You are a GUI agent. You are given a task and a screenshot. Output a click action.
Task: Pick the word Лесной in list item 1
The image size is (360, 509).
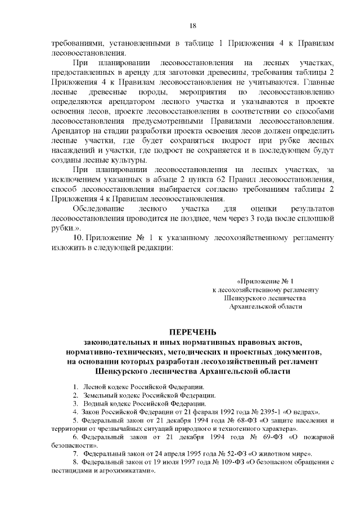[x=94, y=388]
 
